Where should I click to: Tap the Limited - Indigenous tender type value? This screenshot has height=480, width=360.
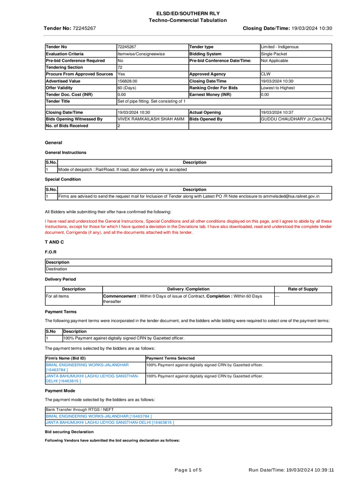279,47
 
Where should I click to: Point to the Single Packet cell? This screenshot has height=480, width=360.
274,54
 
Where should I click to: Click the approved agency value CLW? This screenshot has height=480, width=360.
266,74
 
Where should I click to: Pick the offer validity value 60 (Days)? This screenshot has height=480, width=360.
127,88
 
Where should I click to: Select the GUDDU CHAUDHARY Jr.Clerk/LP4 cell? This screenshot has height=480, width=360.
296,119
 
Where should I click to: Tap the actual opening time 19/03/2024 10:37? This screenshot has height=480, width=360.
280,112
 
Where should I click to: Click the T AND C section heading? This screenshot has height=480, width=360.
54,242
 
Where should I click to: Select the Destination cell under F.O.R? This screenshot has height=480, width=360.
56,269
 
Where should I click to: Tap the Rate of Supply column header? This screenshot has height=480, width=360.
303,289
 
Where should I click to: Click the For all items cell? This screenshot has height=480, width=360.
57,296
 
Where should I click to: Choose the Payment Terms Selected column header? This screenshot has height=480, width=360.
171,358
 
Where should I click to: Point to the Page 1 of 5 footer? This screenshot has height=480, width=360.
188,470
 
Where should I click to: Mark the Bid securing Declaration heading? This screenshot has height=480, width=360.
69,432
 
